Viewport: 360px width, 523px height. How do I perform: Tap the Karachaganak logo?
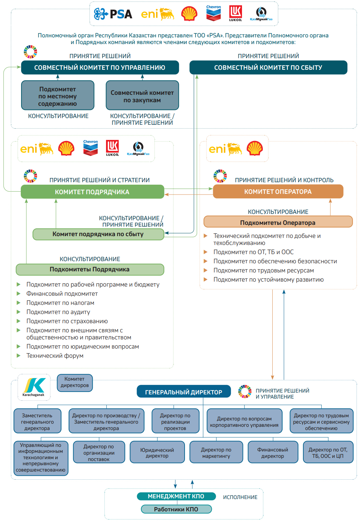point(34,387)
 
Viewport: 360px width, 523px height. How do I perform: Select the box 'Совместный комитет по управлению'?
point(100,67)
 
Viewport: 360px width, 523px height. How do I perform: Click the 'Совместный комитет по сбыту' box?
point(268,67)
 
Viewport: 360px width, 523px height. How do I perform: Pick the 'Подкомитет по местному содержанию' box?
point(58,95)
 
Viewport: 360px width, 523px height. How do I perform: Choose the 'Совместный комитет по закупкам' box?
point(142,95)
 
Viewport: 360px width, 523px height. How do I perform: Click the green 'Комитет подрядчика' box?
point(92,192)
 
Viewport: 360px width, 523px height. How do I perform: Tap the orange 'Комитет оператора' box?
point(278,191)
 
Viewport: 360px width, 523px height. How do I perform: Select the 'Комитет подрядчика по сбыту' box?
point(98,234)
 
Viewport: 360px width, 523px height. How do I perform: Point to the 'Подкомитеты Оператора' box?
point(278,222)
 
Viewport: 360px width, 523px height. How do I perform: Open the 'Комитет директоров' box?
point(75,382)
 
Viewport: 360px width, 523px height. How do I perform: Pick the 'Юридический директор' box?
point(157,452)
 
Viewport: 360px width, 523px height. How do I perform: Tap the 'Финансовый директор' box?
point(273,452)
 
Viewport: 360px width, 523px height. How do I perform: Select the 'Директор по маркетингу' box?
point(216,452)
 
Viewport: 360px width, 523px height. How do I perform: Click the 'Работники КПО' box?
point(176,509)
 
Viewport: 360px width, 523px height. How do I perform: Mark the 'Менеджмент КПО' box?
point(176,496)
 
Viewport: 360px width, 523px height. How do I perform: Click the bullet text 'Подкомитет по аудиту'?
point(58,312)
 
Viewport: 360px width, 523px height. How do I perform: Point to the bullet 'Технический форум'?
point(55,356)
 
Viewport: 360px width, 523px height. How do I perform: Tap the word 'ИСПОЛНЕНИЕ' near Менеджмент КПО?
point(240,497)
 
